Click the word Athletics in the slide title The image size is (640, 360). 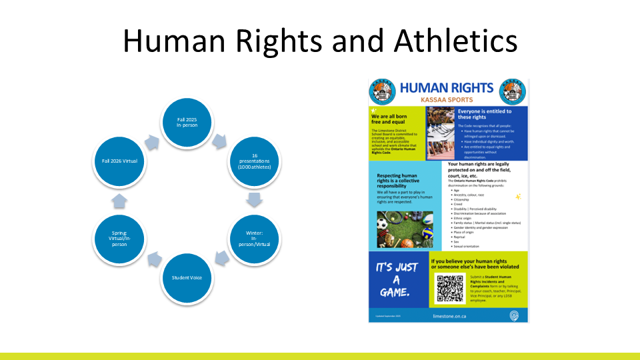455,41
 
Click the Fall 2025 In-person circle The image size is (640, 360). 187,121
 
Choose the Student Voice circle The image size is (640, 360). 187,277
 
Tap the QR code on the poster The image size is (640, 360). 450,288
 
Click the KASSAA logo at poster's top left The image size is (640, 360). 383,91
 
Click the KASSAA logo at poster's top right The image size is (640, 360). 515,91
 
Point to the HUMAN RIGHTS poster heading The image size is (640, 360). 447,87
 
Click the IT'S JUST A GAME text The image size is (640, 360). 398,279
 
